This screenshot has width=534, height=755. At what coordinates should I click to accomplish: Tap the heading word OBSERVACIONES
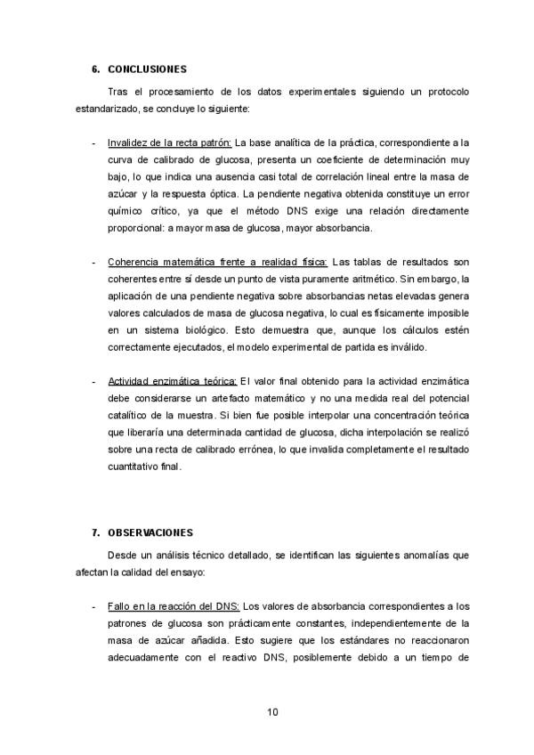[x=150, y=532]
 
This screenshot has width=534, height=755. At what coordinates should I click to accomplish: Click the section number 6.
[x=95, y=69]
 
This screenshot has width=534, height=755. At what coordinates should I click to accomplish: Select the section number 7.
[x=95, y=532]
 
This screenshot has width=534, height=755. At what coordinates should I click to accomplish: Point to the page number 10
[x=273, y=711]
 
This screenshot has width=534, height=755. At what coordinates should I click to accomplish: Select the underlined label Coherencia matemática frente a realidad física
[x=217, y=262]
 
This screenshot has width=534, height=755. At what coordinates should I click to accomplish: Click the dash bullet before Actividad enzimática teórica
[x=95, y=382]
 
